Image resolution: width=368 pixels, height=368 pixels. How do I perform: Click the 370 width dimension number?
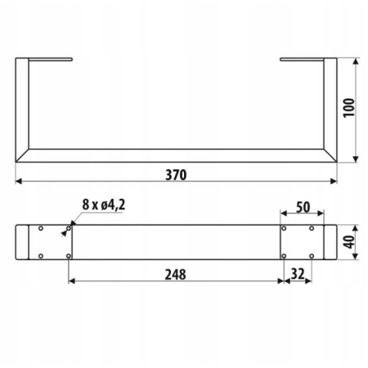(x=176, y=175)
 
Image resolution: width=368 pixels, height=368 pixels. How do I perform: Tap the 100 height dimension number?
(x=348, y=108)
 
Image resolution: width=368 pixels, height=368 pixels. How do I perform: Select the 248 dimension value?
(x=176, y=275)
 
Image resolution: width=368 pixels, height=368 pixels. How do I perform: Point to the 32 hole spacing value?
(x=298, y=274)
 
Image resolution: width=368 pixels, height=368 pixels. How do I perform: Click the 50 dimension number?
(x=303, y=207)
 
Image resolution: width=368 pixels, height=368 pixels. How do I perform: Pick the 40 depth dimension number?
(x=348, y=242)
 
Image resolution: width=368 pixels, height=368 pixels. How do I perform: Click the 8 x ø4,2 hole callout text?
(x=104, y=204)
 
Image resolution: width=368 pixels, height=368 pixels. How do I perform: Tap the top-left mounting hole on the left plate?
(x=41, y=228)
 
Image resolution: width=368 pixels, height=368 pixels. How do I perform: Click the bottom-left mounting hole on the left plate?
(x=41, y=256)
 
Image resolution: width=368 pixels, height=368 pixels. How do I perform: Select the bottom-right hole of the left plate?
(x=69, y=256)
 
